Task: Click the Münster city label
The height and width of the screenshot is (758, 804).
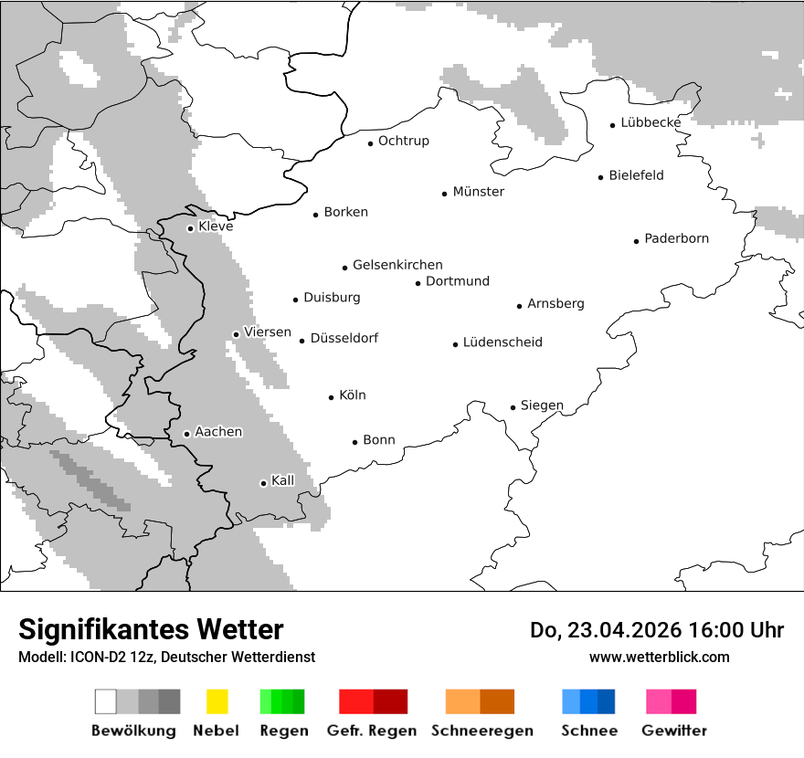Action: (x=478, y=192)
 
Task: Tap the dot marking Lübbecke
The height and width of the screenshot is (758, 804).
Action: (x=613, y=125)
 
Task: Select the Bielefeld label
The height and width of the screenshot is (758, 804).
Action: (x=636, y=175)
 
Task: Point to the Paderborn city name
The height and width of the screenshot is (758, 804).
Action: (x=676, y=239)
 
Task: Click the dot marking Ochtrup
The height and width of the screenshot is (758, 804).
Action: (x=370, y=143)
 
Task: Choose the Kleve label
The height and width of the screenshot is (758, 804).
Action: (x=216, y=226)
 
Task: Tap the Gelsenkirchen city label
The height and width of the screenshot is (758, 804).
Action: (x=397, y=265)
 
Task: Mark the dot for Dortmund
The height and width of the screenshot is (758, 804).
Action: (x=418, y=283)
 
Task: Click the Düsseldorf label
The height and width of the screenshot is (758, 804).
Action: (x=344, y=338)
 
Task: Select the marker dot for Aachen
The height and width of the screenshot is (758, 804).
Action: (x=186, y=434)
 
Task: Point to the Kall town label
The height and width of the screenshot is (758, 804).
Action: (x=282, y=480)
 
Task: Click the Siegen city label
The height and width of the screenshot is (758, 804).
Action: (x=542, y=405)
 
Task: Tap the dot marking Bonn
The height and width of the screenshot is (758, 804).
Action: (x=355, y=442)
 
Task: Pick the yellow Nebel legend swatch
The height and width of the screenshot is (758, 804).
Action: (x=217, y=701)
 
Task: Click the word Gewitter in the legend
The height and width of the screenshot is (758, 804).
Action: (x=673, y=731)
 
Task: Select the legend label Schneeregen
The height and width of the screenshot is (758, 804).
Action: (x=481, y=731)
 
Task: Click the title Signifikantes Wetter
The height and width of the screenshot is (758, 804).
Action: (x=151, y=629)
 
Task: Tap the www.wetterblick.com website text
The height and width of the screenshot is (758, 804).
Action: (x=659, y=657)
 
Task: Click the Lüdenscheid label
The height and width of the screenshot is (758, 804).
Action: (x=503, y=342)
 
